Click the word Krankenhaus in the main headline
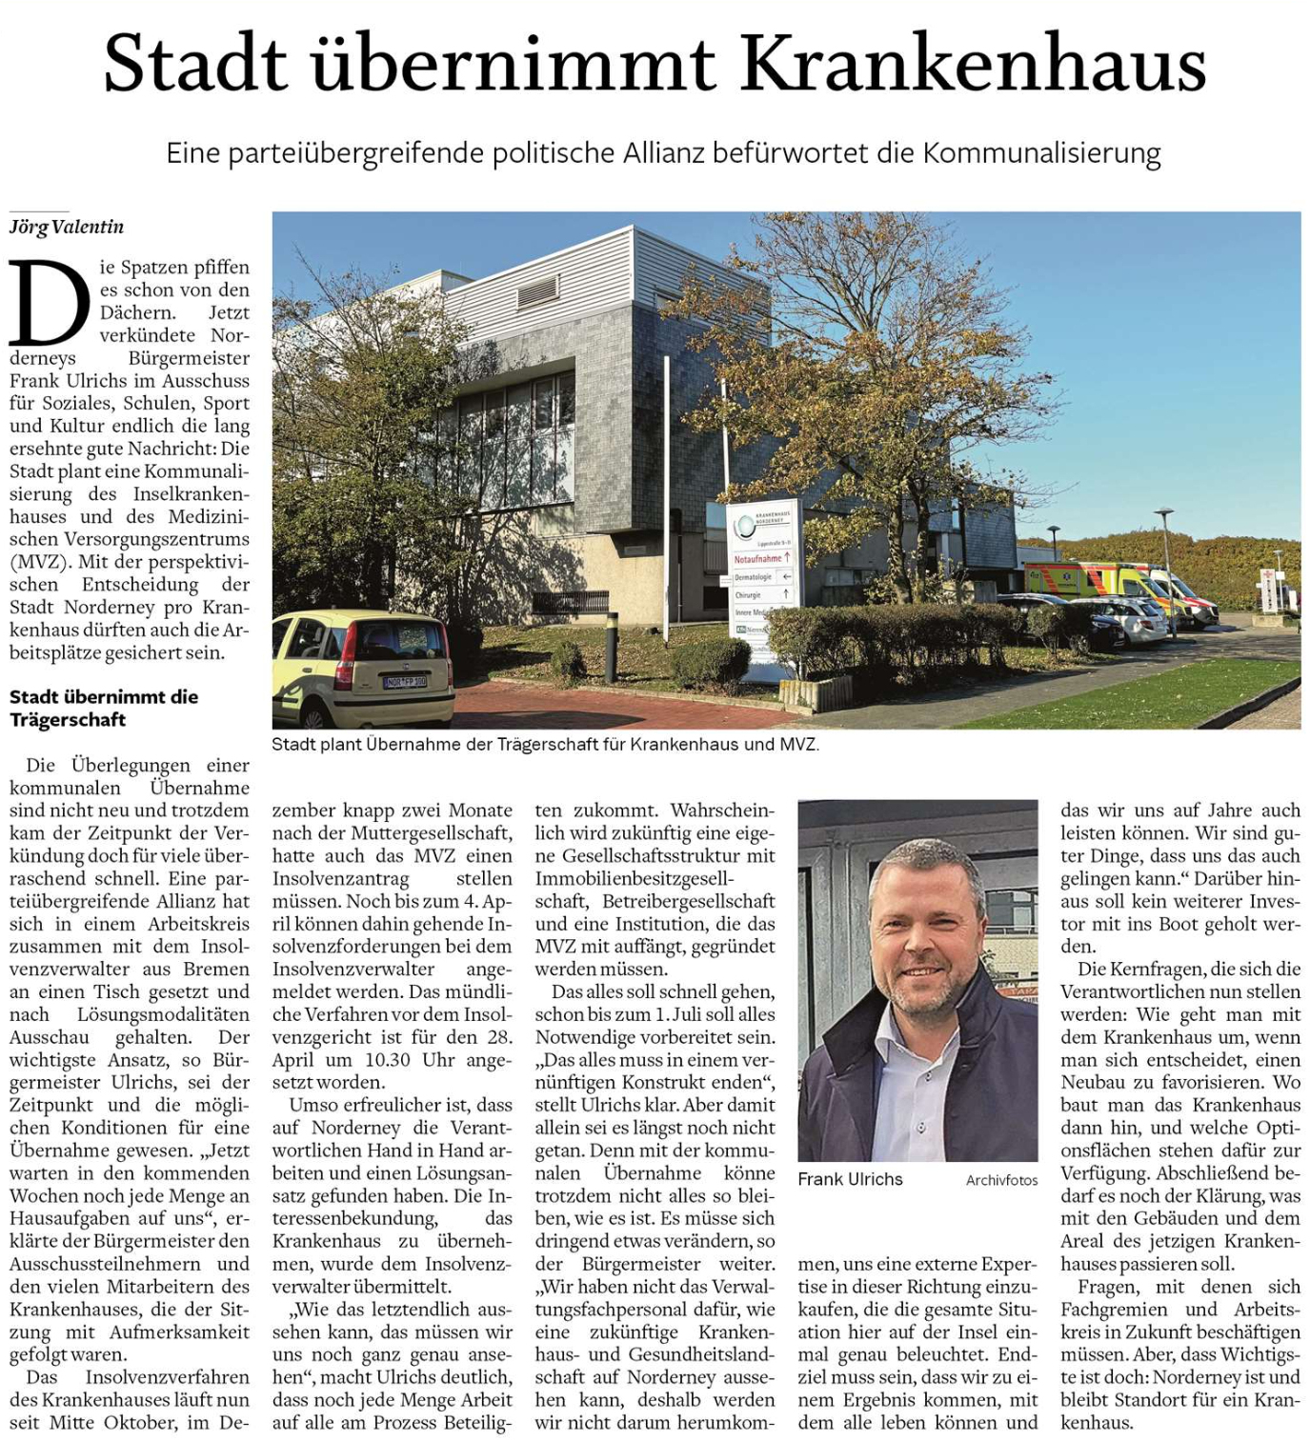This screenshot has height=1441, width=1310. tap(973, 63)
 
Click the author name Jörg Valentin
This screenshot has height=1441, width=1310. tap(67, 227)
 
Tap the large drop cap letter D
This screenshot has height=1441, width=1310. tap(50, 303)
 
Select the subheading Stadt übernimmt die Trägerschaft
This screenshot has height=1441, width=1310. tap(104, 708)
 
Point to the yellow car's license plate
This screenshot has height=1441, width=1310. tap(405, 682)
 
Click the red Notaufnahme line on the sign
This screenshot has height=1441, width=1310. tap(762, 558)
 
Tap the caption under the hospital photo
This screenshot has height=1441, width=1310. tap(545, 744)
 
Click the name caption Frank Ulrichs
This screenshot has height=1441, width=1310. tap(850, 1179)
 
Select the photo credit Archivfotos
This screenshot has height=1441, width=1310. tap(1001, 1180)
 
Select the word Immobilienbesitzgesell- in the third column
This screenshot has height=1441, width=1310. tap(635, 878)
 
